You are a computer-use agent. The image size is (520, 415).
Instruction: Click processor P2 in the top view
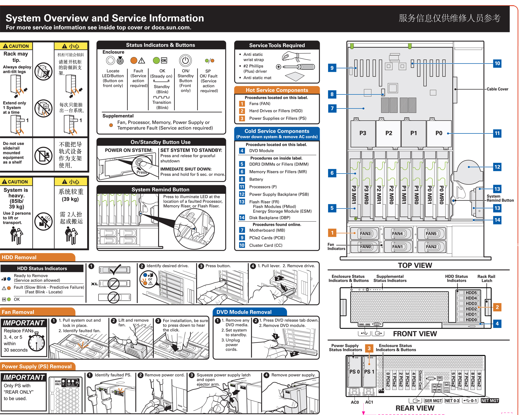click(389, 133)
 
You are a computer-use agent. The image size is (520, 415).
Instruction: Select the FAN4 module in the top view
click(398, 234)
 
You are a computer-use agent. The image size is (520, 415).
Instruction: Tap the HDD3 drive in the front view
click(471, 303)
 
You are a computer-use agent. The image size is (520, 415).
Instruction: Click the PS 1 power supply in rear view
click(369, 372)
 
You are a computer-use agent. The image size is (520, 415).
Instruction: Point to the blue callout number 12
click(497, 167)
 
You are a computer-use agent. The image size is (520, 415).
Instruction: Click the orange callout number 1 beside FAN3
click(332, 233)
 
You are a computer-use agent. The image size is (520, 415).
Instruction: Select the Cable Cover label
click(497, 89)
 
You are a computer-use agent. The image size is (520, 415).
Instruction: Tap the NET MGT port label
click(490, 401)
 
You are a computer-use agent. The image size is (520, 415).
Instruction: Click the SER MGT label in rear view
click(433, 401)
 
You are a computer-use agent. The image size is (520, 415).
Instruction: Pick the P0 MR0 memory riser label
click(441, 195)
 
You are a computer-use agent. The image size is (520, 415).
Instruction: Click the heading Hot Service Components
click(277, 90)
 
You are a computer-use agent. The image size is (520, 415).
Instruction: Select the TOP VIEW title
click(415, 265)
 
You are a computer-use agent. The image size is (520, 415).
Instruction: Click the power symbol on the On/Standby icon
click(185, 60)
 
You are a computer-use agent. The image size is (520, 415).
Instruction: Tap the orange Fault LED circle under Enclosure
click(134, 61)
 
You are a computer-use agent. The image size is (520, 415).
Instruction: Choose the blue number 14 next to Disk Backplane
click(242, 218)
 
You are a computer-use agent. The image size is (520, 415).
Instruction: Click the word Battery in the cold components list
click(256, 179)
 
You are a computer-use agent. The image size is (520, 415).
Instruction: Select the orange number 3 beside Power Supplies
click(242, 118)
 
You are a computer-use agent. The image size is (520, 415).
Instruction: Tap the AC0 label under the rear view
click(355, 402)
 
